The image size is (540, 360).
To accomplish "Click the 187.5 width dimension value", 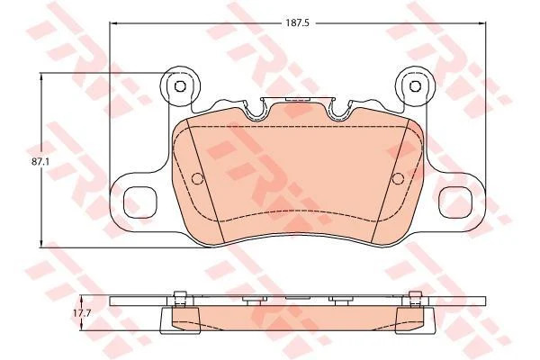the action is coord(298,23).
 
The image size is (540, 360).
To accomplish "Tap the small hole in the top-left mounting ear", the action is coord(180,86).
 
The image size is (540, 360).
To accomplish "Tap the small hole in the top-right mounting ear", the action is coord(415,85).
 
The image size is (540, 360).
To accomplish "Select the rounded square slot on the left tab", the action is coord(139,202).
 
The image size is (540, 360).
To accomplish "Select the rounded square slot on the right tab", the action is coord(456,202).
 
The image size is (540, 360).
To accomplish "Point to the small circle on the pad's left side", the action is coord(198,178).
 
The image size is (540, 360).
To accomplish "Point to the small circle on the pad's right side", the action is coord(398,178).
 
